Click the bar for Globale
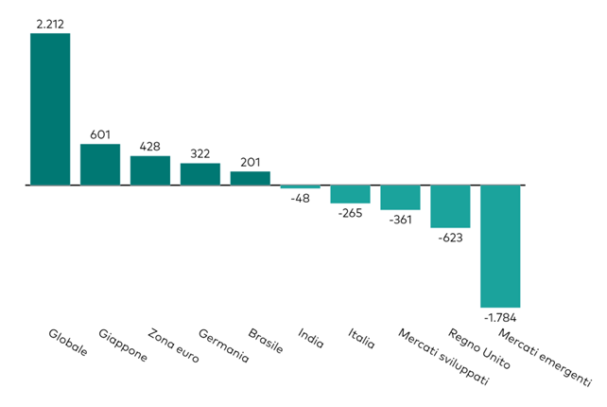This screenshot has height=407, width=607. point(50,109)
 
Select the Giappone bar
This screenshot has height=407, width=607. point(100,165)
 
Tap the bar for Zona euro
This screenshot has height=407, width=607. point(150,170)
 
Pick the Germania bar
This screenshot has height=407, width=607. point(200,174)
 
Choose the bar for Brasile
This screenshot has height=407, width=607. point(251,178)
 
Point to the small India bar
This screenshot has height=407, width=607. point(301,187)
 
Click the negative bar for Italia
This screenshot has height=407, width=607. point(351,194)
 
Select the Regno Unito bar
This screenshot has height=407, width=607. point(451,206)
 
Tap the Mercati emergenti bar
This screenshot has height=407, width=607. point(501,245)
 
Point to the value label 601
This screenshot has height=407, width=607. point(100,134)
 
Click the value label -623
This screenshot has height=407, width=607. point(450,238)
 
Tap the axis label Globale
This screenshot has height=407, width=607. point(68,343)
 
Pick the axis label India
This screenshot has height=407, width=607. point(311,338)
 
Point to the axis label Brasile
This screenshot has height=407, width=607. point(266,341)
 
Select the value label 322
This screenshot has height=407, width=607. point(200,153)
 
